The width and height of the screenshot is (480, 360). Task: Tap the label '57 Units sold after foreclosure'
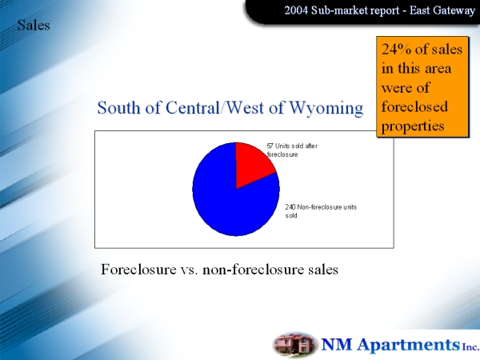click(x=292, y=150)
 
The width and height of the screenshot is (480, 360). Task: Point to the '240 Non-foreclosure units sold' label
click(x=321, y=211)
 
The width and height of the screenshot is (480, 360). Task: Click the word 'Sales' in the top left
click(x=34, y=25)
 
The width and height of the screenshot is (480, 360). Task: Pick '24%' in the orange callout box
click(x=396, y=49)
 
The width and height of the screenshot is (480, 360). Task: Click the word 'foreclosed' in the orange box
click(x=414, y=107)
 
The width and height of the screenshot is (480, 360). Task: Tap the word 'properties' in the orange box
click(x=413, y=126)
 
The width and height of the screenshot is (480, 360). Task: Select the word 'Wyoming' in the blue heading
click(x=326, y=109)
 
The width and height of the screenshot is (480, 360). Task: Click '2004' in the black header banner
click(x=296, y=10)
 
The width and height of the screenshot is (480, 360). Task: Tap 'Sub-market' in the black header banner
click(x=339, y=10)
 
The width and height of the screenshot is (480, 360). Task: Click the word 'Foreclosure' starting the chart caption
click(x=138, y=270)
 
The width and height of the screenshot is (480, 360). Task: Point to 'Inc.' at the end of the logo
click(x=470, y=347)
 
